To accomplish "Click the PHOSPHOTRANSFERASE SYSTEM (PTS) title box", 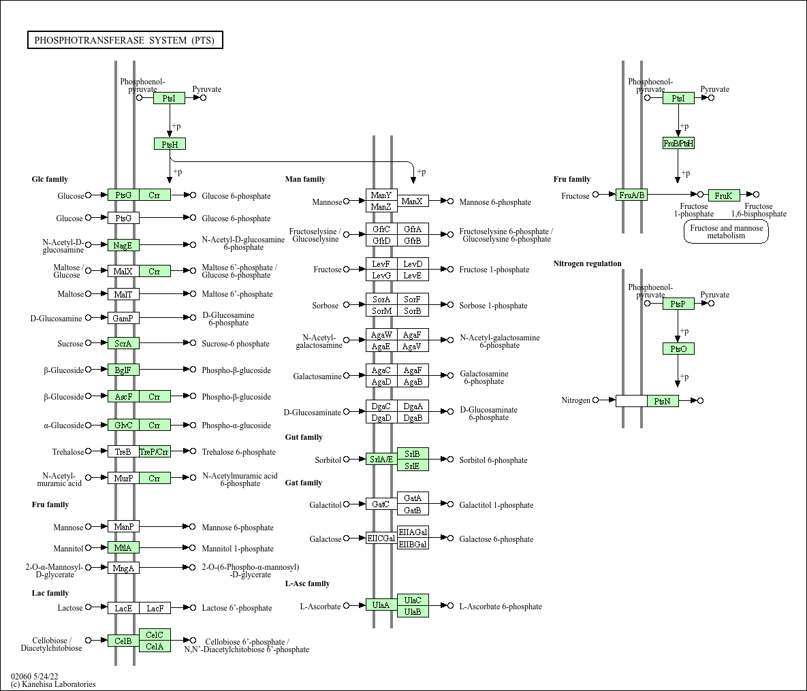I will coord(125,40).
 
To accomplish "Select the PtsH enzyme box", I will coord(170,144).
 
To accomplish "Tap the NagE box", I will coord(123,245).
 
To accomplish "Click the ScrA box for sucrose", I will coord(123,344).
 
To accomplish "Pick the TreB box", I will coord(123,452).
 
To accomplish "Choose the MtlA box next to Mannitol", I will coord(123,548).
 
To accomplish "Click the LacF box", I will coord(155,608).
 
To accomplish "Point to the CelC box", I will coord(155,635).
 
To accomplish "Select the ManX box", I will coord(413,202).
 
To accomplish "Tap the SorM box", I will coord(381,311).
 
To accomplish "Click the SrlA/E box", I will coord(381,460).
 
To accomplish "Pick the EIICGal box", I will coord(381,539).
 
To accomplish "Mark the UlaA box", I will coord(381,605).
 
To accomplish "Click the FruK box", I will coord(723,195).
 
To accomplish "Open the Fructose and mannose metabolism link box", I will coord(726,232).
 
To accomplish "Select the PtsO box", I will coord(678,349).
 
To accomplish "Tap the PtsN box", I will coord(663,401).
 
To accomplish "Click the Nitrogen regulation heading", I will coord(587,263).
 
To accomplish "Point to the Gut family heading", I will coord(304,437).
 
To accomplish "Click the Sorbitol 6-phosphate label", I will coord(493,460).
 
